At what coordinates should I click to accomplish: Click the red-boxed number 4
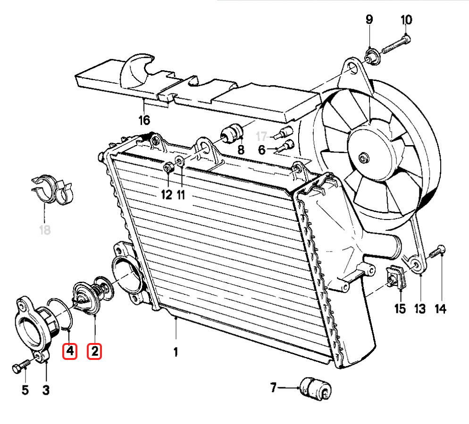(x=70, y=351)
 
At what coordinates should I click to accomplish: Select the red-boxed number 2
(x=94, y=351)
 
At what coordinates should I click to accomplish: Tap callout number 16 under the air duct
(x=144, y=120)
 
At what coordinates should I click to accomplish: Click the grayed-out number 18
(x=44, y=230)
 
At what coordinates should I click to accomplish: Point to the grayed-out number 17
(x=262, y=137)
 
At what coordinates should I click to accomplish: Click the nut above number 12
(x=167, y=167)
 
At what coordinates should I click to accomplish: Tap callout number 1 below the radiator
(x=176, y=352)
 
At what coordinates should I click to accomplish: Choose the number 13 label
(x=419, y=309)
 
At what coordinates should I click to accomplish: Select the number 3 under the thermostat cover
(x=46, y=390)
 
